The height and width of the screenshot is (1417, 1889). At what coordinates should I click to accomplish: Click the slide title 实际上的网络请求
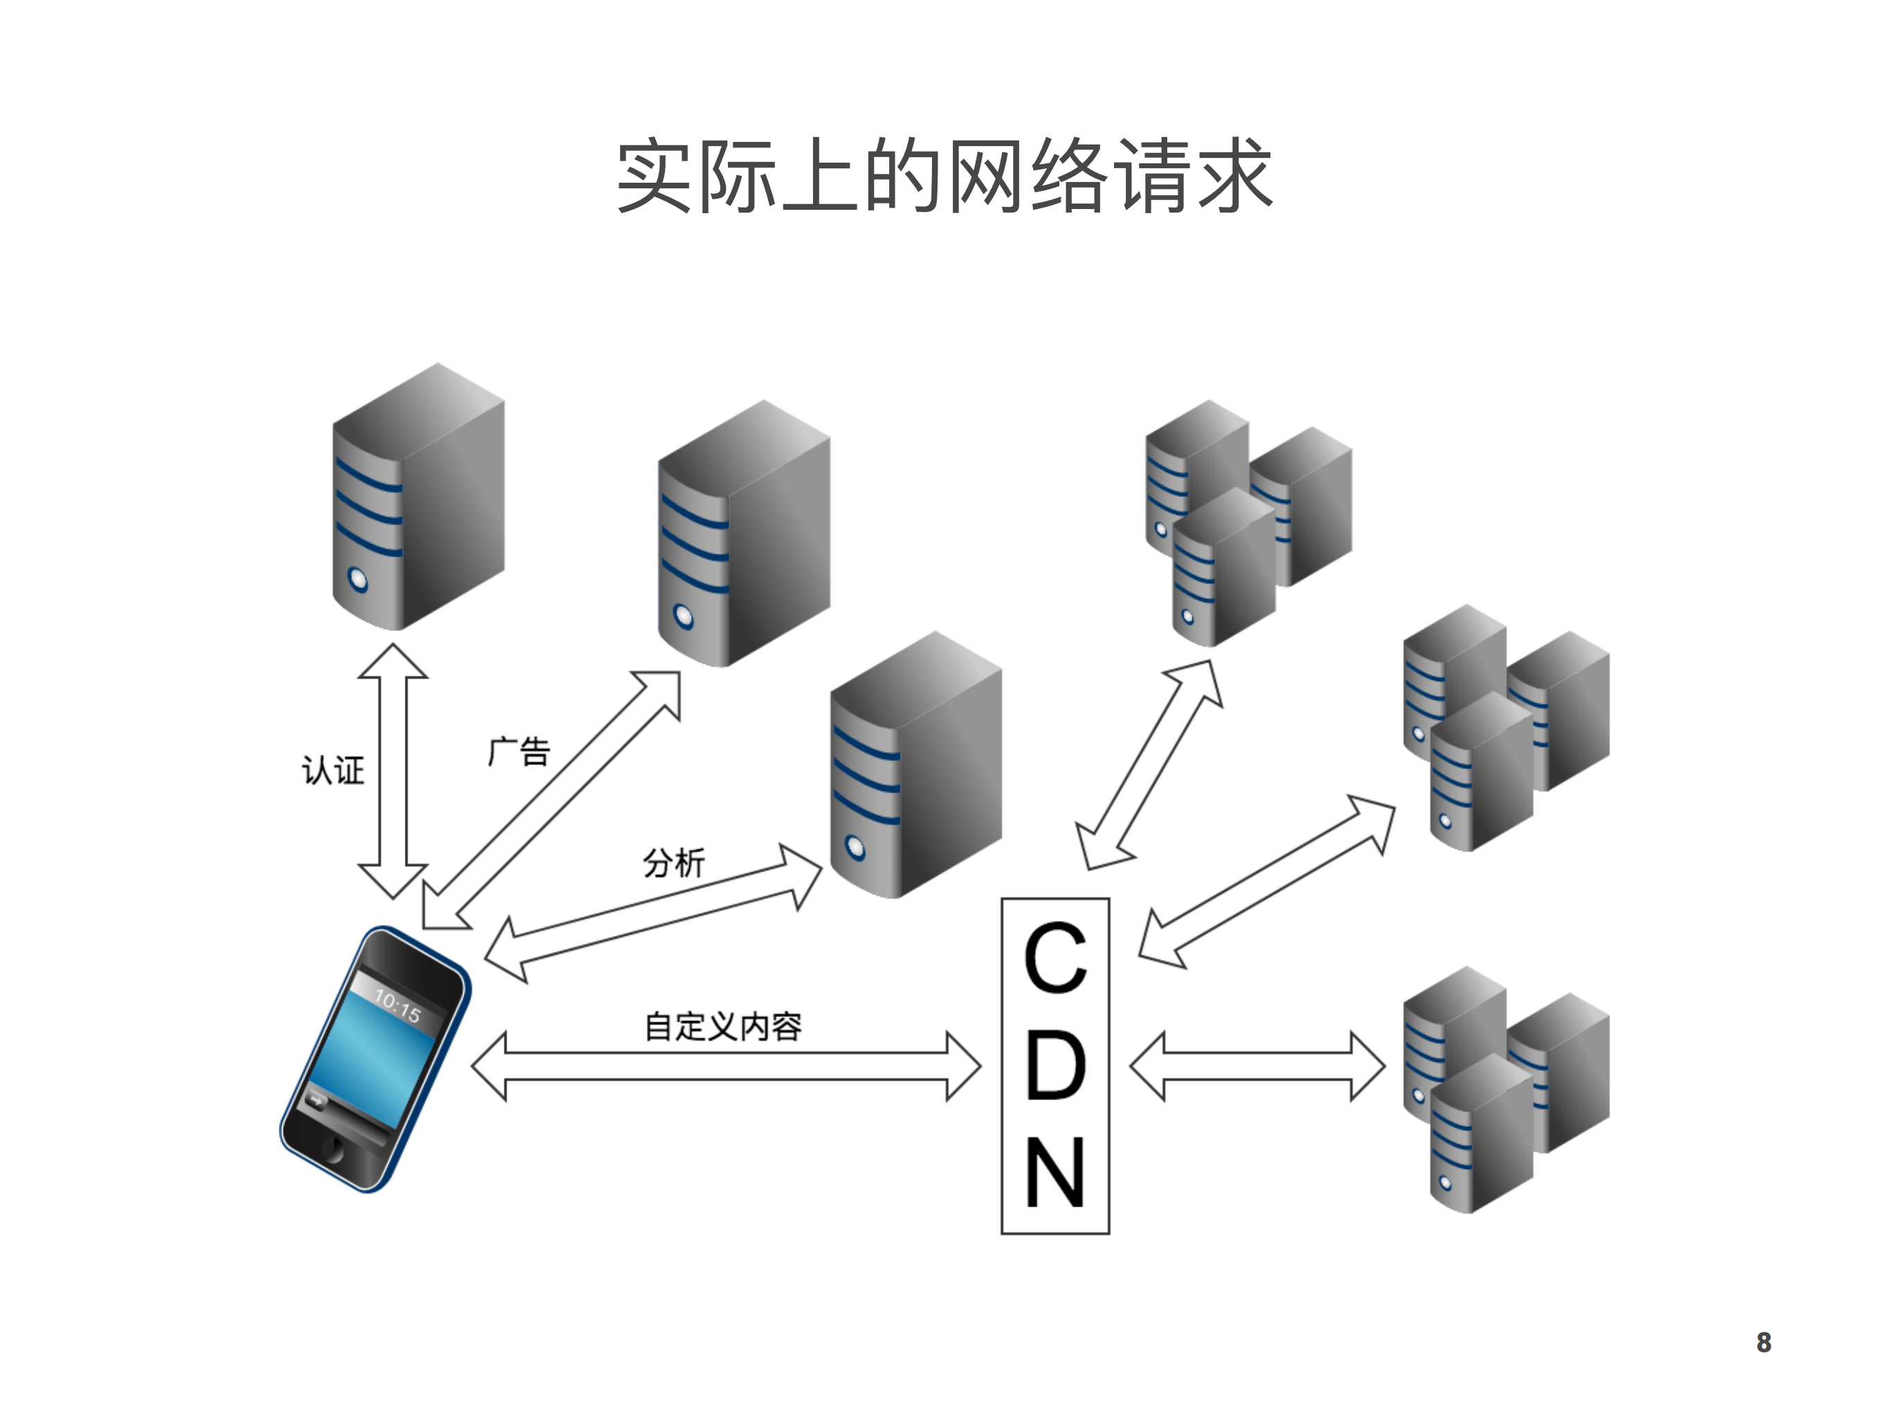click(944, 176)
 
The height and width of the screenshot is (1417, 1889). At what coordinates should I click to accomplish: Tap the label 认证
click(333, 770)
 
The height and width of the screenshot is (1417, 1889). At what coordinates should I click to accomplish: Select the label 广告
click(519, 752)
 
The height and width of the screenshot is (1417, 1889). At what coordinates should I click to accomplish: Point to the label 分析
click(674, 863)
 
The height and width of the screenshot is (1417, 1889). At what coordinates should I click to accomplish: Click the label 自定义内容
click(722, 1026)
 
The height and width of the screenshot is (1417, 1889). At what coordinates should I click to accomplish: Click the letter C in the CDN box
click(1055, 957)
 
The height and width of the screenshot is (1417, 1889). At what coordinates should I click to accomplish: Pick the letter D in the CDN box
click(1055, 1065)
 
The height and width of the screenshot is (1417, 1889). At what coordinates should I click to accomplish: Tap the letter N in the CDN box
click(1055, 1173)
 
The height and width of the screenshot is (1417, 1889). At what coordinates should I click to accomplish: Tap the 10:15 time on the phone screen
click(398, 1007)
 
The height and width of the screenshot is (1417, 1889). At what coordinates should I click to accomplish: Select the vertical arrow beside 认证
click(393, 771)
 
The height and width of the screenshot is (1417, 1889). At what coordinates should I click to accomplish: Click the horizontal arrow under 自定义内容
click(726, 1066)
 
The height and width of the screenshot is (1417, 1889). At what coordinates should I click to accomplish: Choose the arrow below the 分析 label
click(653, 913)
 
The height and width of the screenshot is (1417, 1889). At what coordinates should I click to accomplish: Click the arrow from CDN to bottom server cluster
click(1257, 1066)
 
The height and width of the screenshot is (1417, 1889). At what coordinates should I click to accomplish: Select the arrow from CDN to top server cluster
click(1149, 764)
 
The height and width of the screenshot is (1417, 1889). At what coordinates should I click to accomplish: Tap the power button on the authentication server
click(358, 581)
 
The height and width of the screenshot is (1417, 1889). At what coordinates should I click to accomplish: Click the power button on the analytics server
click(855, 847)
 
